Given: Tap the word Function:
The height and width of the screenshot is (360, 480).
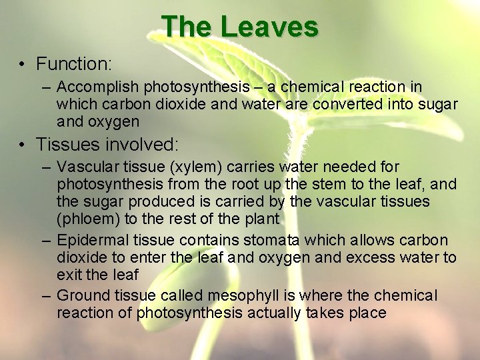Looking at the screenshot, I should click(x=73, y=64).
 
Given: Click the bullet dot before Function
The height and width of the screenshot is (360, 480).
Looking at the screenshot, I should click(x=22, y=65).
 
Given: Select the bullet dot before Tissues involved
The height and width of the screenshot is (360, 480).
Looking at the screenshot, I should click(x=22, y=145).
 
